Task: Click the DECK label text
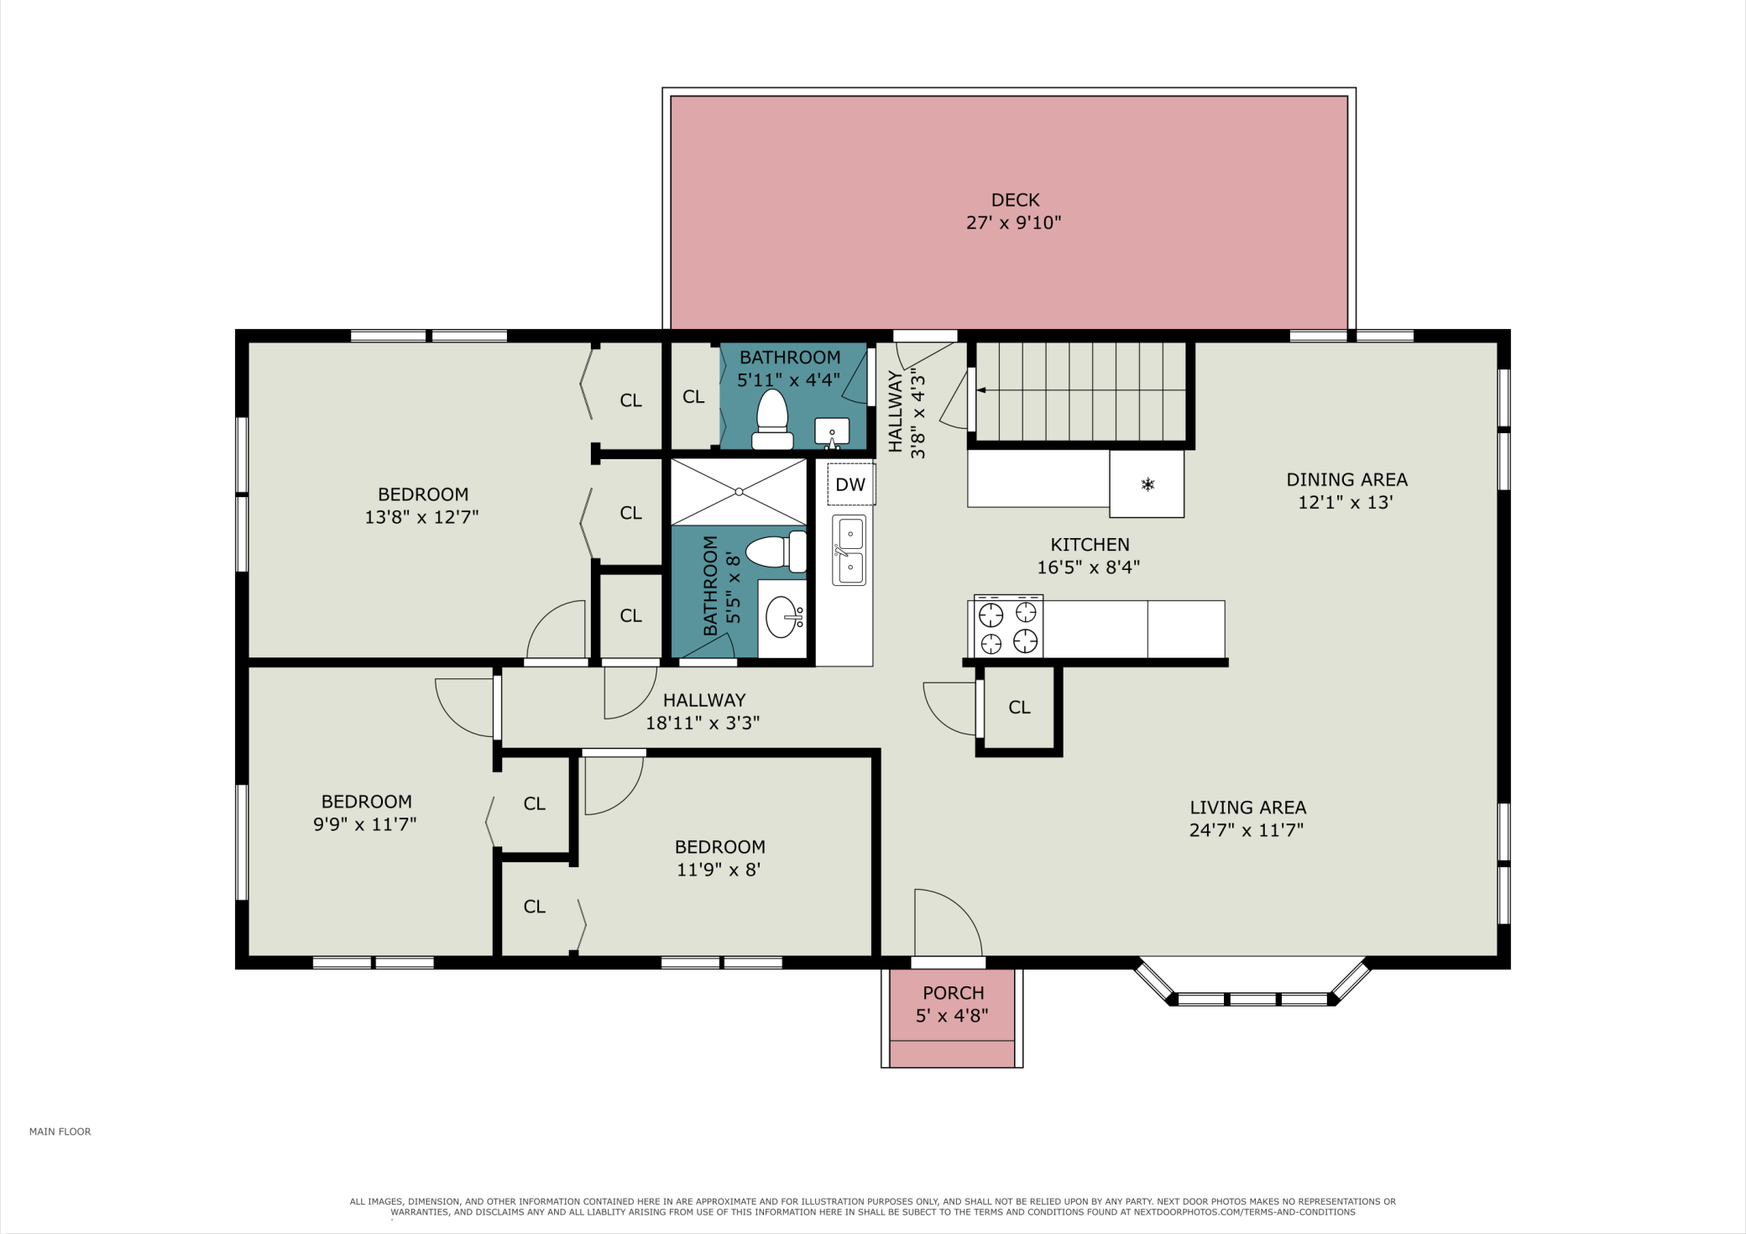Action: (1016, 200)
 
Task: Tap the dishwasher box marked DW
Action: (851, 484)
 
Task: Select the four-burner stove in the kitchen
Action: (1008, 626)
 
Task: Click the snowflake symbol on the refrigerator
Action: (1147, 484)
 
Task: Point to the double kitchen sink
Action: (849, 550)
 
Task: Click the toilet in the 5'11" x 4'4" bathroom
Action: (772, 419)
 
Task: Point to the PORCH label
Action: (954, 992)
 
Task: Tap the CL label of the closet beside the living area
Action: (1020, 708)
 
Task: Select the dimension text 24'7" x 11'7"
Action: (1247, 830)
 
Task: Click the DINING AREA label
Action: (1347, 479)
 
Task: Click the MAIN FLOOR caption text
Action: (60, 1132)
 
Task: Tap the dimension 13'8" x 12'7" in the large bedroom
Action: (421, 517)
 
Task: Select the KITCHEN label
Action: (1090, 544)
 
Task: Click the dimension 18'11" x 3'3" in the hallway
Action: (703, 723)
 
